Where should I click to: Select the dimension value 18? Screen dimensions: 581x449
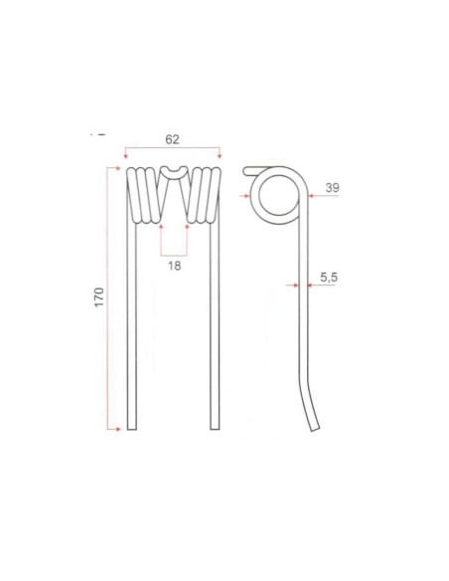click(x=174, y=267)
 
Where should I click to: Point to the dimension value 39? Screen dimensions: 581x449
click(x=332, y=187)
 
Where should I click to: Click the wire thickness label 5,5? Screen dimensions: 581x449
click(x=330, y=279)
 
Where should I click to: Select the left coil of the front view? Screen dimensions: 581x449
click(x=143, y=194)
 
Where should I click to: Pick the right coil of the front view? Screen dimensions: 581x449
click(x=205, y=194)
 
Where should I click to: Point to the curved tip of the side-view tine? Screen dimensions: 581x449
click(x=316, y=426)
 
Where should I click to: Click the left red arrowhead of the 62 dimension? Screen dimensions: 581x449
click(x=127, y=157)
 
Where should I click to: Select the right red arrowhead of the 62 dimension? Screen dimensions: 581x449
click(x=219, y=157)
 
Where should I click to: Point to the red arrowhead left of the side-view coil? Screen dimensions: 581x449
click(x=247, y=196)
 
